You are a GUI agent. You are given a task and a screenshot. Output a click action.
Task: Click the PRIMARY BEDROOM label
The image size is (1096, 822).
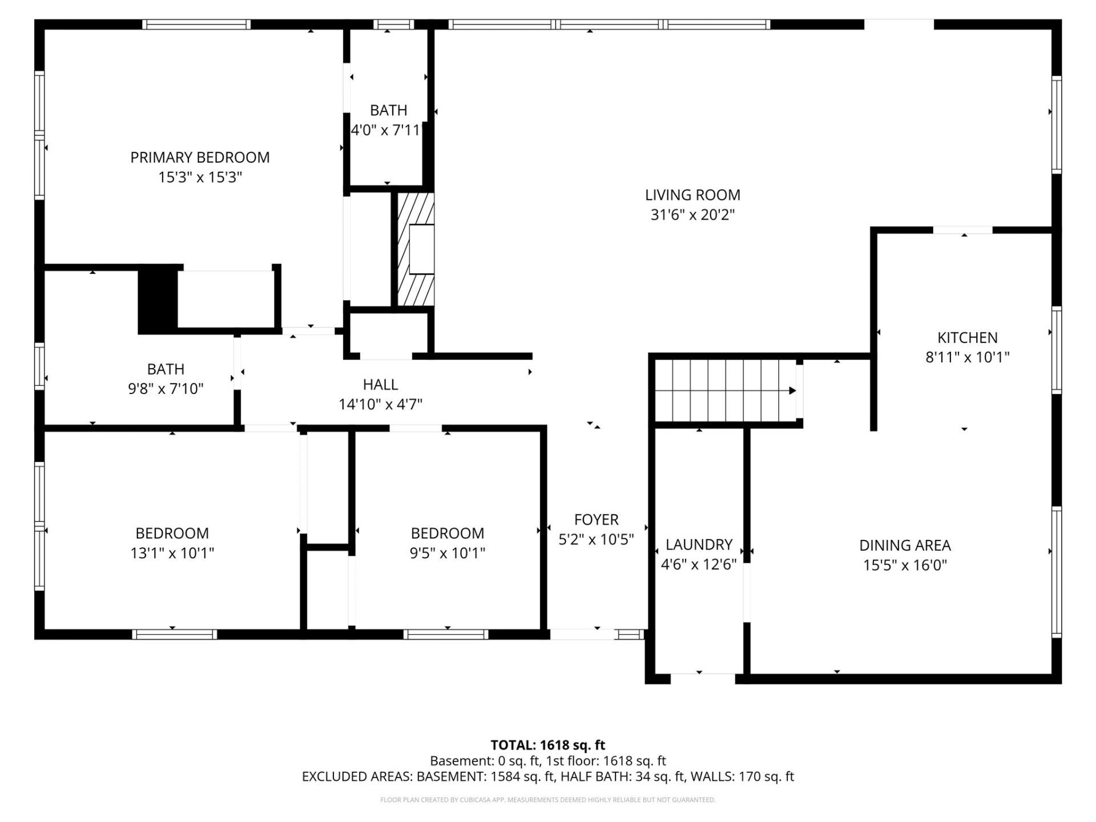(200, 158)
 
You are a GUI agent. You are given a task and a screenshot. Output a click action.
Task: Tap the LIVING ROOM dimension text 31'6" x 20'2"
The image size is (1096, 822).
(692, 215)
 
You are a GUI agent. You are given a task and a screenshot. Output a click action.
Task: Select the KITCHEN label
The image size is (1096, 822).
(968, 337)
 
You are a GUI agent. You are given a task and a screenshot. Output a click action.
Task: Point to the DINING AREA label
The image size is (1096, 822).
(905, 545)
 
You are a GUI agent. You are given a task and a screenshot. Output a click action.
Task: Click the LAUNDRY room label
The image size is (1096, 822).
(699, 545)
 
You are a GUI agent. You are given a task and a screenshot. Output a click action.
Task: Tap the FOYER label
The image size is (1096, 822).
(596, 519)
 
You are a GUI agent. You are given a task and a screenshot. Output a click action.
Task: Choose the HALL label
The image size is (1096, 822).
(380, 385)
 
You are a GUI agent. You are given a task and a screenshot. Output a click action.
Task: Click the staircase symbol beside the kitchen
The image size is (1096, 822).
(726, 390)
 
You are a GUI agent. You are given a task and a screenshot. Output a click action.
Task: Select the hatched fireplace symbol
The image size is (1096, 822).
(416, 249)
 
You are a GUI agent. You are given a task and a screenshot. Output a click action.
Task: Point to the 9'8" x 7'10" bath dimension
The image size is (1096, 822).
(166, 389)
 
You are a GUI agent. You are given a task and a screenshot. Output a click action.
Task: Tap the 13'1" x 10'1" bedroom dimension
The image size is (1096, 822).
(172, 553)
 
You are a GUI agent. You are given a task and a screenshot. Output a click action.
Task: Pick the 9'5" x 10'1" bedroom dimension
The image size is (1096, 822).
(447, 553)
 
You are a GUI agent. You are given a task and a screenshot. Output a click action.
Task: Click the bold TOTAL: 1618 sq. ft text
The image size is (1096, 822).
(547, 745)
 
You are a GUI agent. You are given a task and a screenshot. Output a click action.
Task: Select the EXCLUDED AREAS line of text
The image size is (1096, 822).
(547, 776)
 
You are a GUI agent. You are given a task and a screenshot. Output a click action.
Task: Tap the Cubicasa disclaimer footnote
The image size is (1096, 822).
(547, 800)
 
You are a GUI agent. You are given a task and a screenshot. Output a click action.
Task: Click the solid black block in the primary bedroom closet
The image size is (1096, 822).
(158, 300)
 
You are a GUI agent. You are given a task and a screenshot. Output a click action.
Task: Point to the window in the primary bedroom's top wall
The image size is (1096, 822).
(196, 24)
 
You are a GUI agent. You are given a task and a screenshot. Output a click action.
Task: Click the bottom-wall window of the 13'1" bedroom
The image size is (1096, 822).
(175, 634)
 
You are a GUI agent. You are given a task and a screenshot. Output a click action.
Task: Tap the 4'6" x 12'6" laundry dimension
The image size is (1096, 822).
(699, 565)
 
